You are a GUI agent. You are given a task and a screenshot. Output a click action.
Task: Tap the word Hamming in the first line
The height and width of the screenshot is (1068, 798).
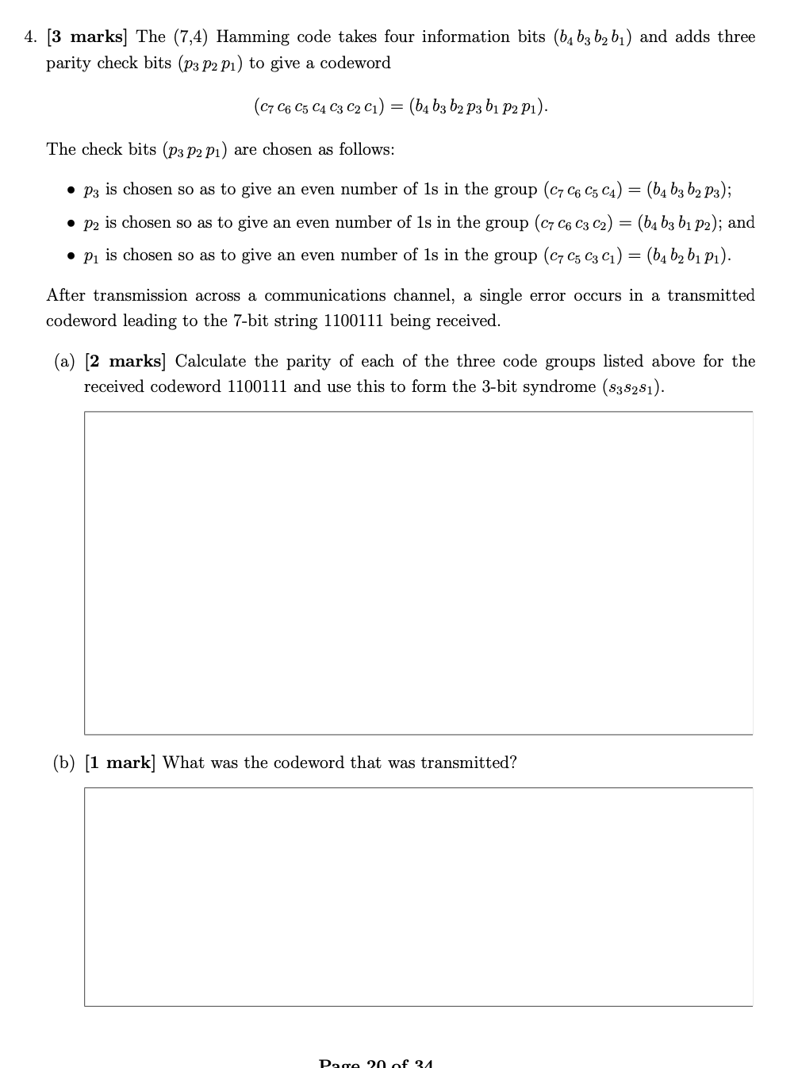click(252, 37)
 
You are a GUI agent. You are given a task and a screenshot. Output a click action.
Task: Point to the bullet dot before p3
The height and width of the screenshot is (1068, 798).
click(71, 190)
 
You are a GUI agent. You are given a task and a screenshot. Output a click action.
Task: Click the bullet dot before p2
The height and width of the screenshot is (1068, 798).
click(71, 224)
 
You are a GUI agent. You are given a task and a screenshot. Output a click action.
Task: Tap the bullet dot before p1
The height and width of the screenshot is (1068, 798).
click(71, 256)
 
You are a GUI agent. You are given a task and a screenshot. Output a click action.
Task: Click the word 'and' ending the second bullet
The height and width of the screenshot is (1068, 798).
click(741, 223)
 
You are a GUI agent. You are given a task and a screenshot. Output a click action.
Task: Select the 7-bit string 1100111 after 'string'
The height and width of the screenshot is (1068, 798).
click(353, 321)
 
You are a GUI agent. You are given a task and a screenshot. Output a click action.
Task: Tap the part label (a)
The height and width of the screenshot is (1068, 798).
click(64, 362)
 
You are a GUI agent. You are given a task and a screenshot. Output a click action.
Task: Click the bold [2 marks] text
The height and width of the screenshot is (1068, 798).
click(125, 362)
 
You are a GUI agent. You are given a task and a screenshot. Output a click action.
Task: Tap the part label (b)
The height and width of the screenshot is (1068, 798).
click(64, 763)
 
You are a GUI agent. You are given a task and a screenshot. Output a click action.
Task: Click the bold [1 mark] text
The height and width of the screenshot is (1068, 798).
click(121, 763)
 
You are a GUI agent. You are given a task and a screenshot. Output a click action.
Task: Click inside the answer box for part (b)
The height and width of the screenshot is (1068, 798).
click(418, 897)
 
